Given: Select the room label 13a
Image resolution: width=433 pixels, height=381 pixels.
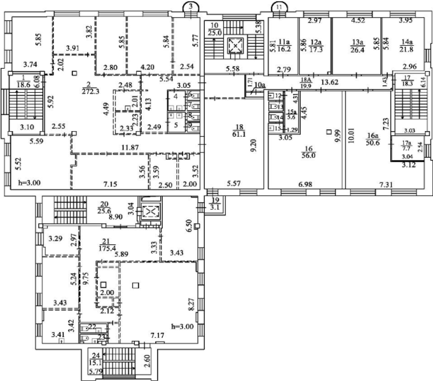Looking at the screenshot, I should pos(357,41).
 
